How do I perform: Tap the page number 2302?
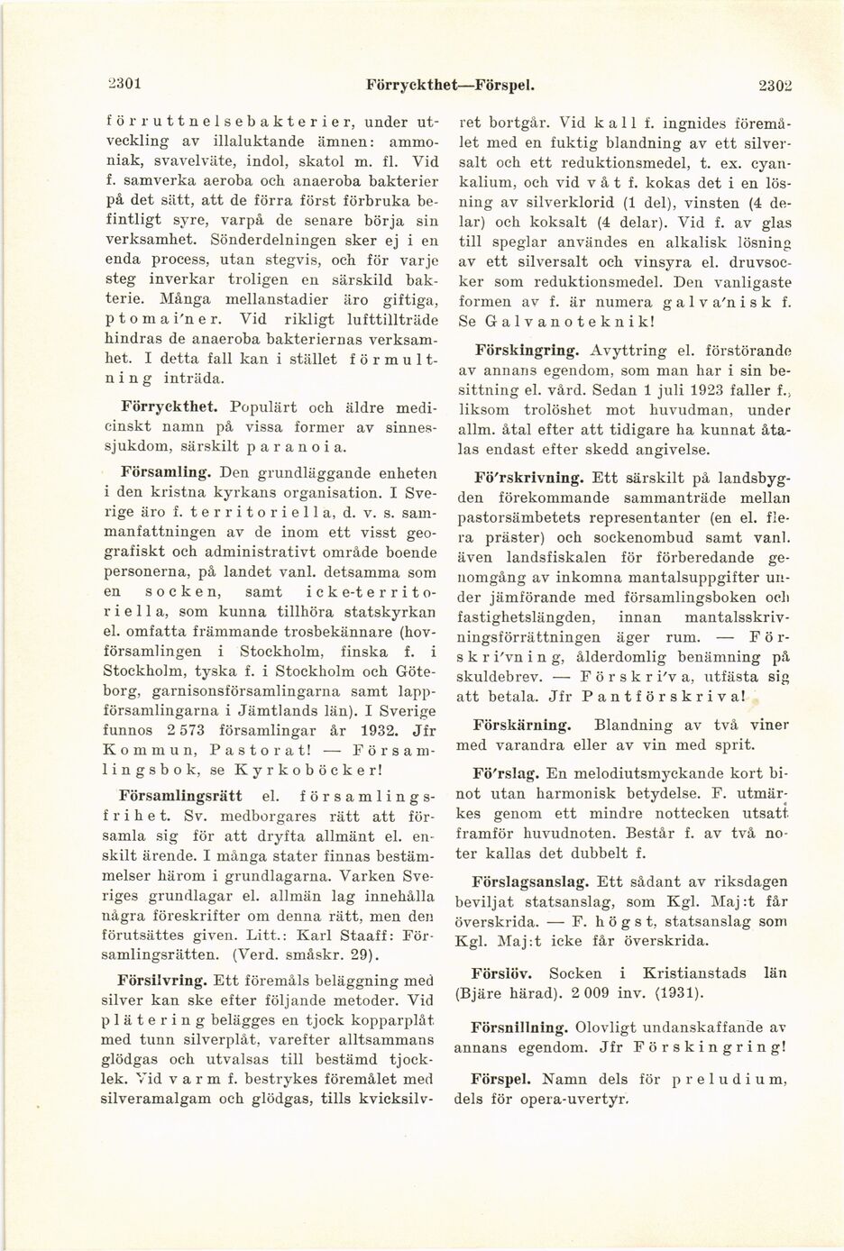(x=775, y=86)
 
